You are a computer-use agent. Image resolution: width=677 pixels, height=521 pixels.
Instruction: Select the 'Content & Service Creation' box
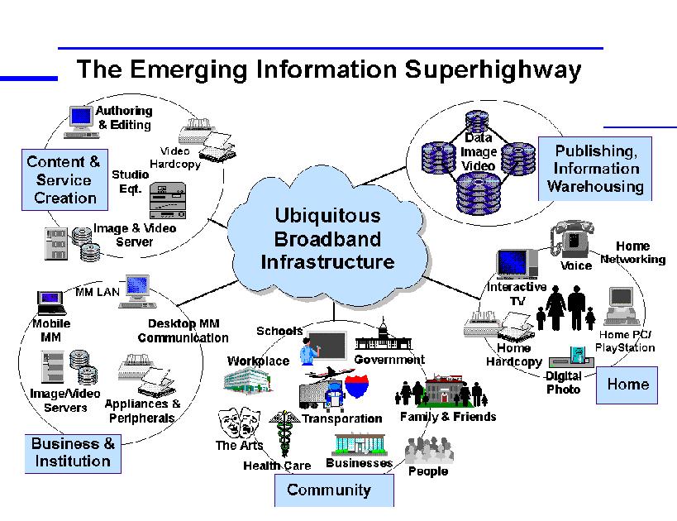pyautogui.click(x=64, y=179)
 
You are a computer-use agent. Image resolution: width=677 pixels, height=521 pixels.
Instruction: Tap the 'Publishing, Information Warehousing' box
pyautogui.click(x=595, y=169)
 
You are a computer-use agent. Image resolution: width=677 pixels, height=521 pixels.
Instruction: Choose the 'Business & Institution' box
pyautogui.click(x=73, y=453)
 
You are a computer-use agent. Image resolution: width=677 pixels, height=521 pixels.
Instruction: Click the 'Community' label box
pyautogui.click(x=334, y=490)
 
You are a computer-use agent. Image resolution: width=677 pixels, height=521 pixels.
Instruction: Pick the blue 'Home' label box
pyautogui.click(x=627, y=385)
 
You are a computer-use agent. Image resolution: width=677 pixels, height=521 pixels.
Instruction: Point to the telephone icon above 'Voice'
pyautogui.click(x=572, y=239)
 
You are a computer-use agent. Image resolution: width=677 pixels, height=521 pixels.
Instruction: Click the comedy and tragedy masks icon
pyautogui.click(x=239, y=423)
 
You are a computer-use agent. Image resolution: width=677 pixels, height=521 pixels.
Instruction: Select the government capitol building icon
pyautogui.click(x=384, y=335)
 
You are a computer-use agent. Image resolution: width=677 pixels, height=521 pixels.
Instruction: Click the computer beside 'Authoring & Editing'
pyautogui.click(x=82, y=122)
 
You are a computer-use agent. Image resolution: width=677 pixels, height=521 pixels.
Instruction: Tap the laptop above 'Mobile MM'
pyautogui.click(x=51, y=304)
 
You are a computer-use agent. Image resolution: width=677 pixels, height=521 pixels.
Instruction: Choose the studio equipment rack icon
pyautogui.click(x=168, y=200)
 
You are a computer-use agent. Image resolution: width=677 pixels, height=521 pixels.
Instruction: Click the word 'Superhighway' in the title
pyautogui.click(x=493, y=70)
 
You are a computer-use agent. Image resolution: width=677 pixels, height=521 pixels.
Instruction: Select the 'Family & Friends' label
pyautogui.click(x=448, y=417)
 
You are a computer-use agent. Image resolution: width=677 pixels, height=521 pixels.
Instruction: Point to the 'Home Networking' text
pyautogui.click(x=633, y=252)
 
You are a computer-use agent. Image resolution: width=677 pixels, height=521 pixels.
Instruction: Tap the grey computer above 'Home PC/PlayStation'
pyautogui.click(x=622, y=306)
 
